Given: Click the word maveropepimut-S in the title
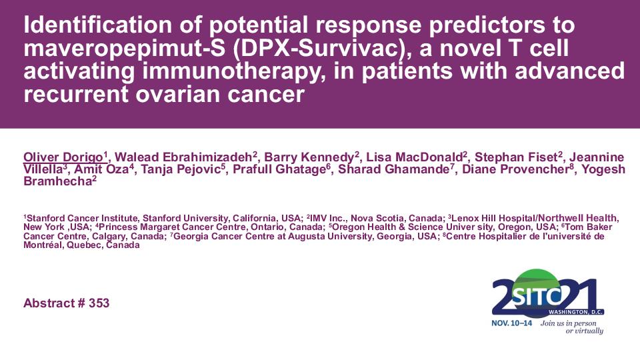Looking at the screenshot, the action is [125, 49].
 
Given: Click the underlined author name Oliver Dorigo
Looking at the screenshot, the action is [63, 157].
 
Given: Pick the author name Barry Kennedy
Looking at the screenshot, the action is [309, 157].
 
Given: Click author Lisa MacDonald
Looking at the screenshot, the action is [414, 157].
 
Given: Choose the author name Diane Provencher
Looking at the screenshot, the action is [516, 169].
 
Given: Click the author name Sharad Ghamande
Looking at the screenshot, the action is [394, 169].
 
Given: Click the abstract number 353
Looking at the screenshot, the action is [99, 303].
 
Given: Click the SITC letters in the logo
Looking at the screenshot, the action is [536, 296].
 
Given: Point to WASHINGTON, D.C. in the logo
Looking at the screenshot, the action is [575, 312].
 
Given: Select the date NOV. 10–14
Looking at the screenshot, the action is [512, 323].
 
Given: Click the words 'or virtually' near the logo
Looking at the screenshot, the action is [584, 331].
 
